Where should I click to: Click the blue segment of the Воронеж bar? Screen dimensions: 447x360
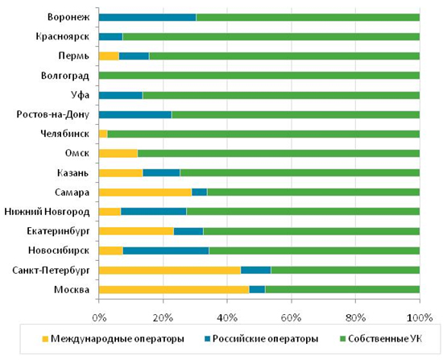(x=147, y=18)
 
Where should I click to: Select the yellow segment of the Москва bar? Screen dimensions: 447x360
(x=174, y=290)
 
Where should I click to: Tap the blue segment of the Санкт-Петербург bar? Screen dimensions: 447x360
(x=255, y=270)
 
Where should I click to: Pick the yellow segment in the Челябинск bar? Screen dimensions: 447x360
(x=103, y=134)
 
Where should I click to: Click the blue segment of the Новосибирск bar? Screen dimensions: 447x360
(x=166, y=250)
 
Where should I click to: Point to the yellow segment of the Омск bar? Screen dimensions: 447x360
(x=118, y=153)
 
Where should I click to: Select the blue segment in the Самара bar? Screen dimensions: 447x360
(x=200, y=192)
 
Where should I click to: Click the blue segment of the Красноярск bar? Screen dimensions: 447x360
(x=111, y=37)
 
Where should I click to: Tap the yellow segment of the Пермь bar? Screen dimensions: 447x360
(x=109, y=56)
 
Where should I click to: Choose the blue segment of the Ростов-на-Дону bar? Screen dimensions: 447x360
(x=135, y=114)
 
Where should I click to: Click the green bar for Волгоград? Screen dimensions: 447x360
(x=259, y=76)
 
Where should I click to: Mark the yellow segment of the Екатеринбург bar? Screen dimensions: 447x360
(x=136, y=231)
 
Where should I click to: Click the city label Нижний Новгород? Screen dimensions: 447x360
(x=47, y=212)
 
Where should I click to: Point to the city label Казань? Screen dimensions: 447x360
(x=73, y=173)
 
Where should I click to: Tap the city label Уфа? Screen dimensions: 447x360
(x=80, y=95)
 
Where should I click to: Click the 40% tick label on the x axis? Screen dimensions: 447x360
(x=227, y=318)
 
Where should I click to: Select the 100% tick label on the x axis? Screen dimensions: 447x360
(x=420, y=318)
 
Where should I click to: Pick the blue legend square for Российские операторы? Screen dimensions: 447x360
(x=207, y=339)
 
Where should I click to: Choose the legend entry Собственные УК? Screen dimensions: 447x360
(x=381, y=339)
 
